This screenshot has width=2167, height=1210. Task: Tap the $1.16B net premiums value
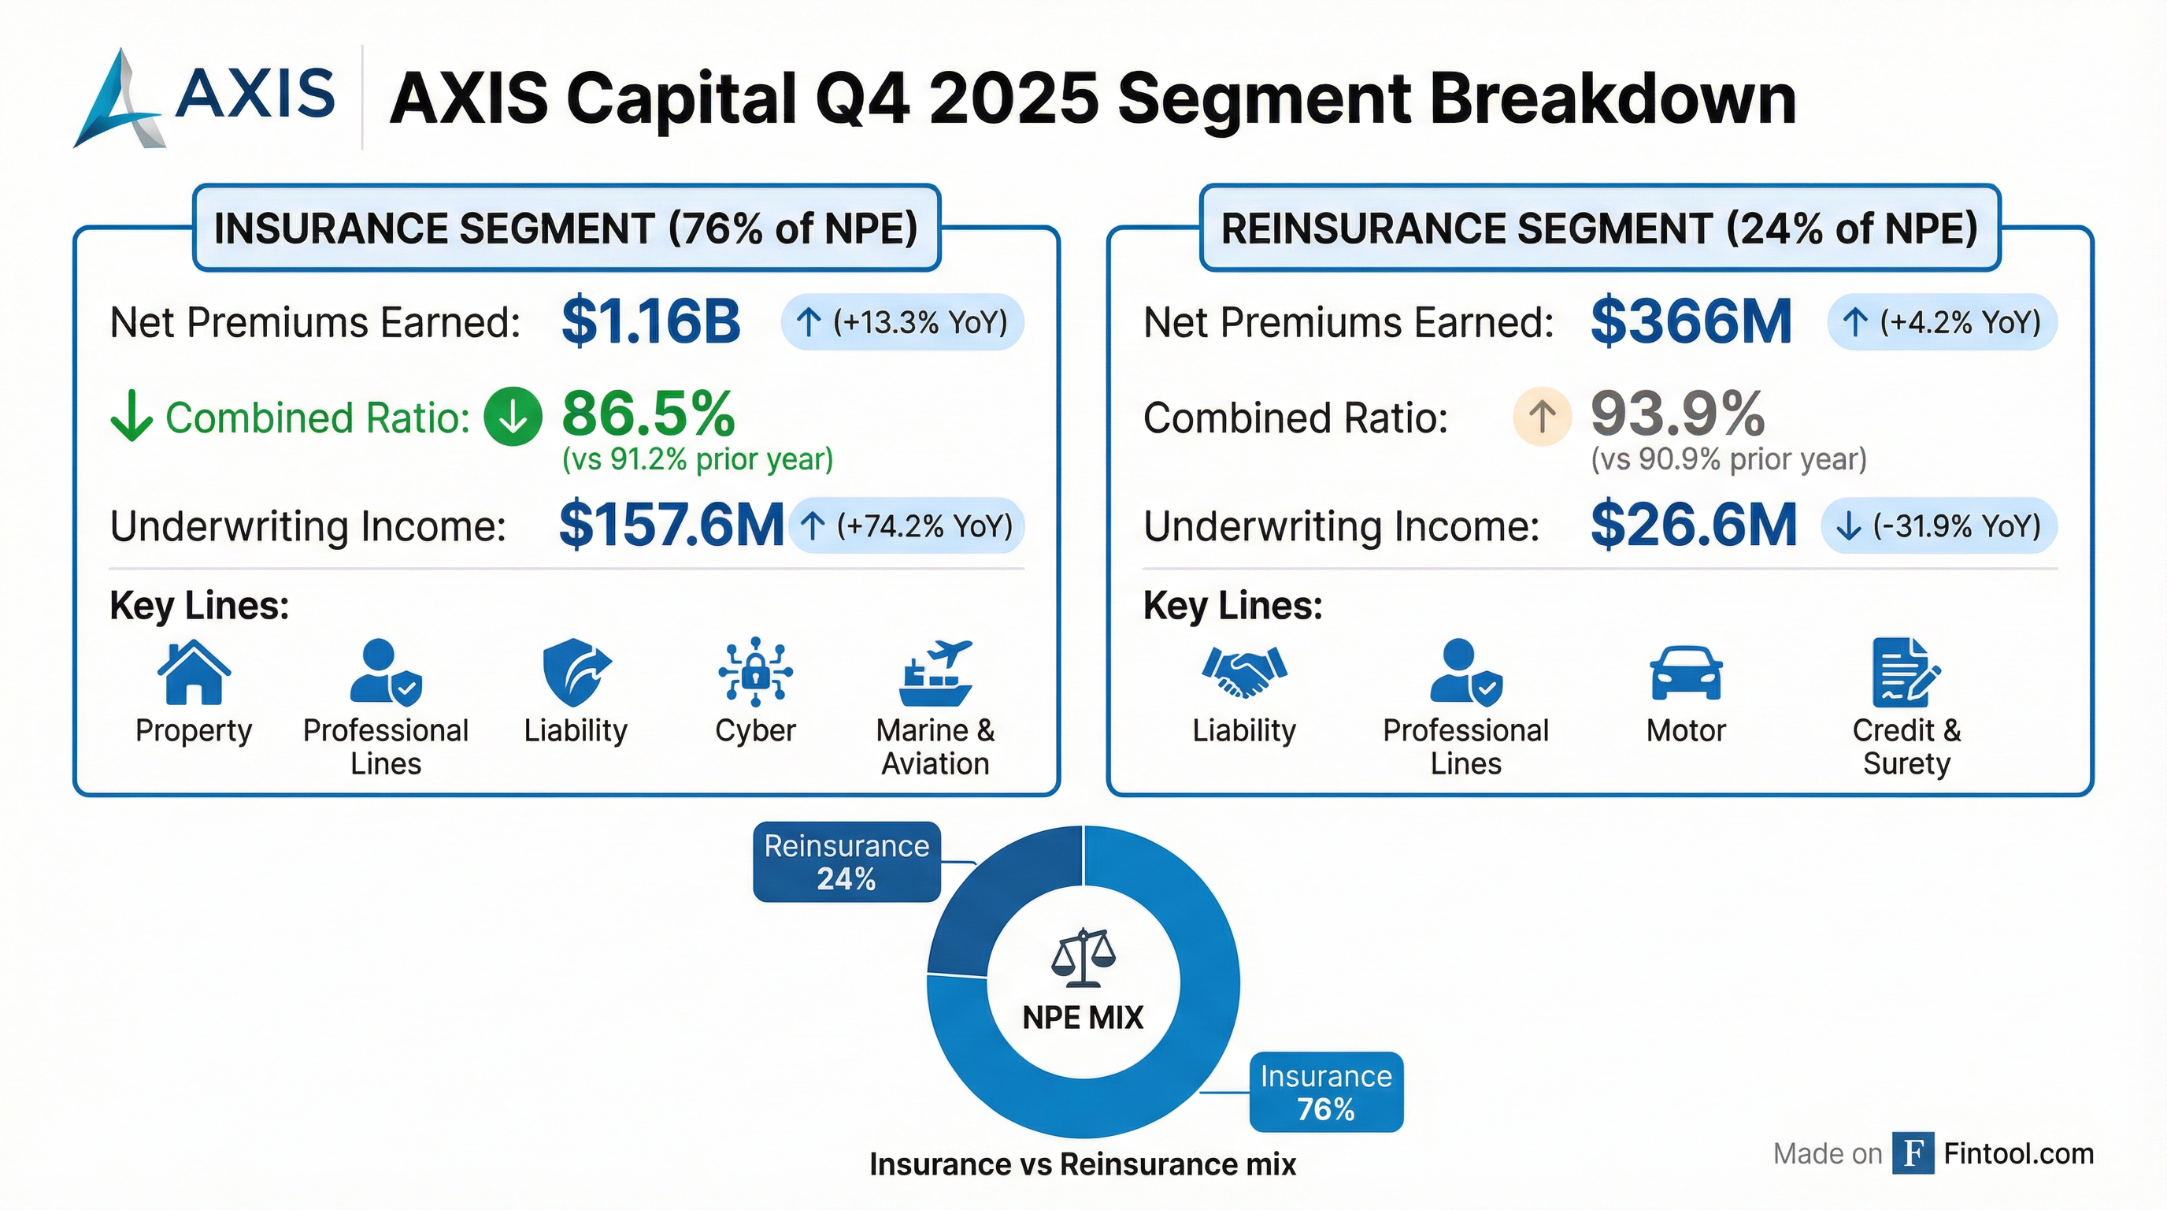coord(650,322)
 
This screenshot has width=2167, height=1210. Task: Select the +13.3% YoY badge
coord(902,322)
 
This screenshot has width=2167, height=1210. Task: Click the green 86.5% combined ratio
coord(648,414)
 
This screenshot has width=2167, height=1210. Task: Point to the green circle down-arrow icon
coord(513,417)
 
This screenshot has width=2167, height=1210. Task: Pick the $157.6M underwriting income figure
coord(670,525)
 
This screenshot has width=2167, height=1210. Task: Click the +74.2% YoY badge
coord(906,526)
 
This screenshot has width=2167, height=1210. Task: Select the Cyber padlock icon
coord(754,671)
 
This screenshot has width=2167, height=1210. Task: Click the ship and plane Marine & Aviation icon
coord(935,674)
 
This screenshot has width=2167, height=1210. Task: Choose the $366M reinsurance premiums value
coord(1691,322)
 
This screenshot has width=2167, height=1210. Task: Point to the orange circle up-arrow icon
coord(1542,417)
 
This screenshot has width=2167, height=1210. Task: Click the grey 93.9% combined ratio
coord(1677,414)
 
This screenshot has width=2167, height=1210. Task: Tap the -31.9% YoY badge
coord(1938,526)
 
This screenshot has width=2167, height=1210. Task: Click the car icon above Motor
coord(1686,674)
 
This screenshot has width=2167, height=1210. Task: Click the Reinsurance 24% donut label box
coord(846,862)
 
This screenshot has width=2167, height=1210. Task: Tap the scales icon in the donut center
coord(1083,958)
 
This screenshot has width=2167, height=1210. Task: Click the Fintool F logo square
coord(1912,1152)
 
